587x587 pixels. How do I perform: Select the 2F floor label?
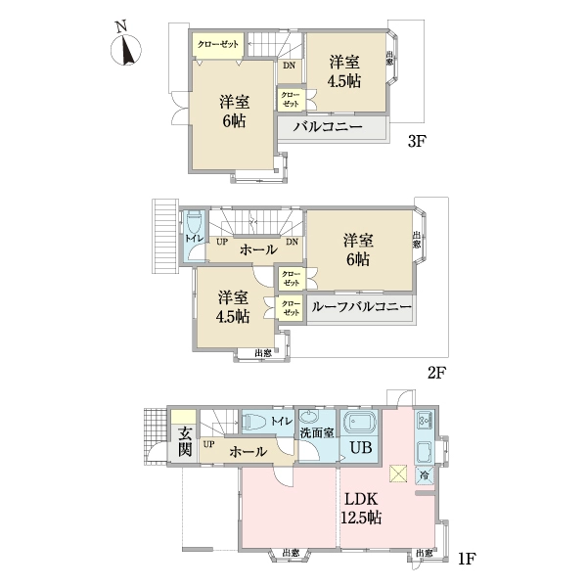(x=435, y=373)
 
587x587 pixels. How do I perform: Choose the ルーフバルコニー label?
(x=360, y=307)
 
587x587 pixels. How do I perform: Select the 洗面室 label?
(x=316, y=432)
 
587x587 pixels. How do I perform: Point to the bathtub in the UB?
(x=362, y=425)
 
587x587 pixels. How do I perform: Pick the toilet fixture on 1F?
(x=255, y=422)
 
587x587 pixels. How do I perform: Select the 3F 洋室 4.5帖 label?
(x=346, y=70)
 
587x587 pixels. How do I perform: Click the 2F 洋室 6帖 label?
(x=356, y=249)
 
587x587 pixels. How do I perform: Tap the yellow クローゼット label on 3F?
(x=218, y=44)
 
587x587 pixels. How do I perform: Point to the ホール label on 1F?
(x=248, y=452)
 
